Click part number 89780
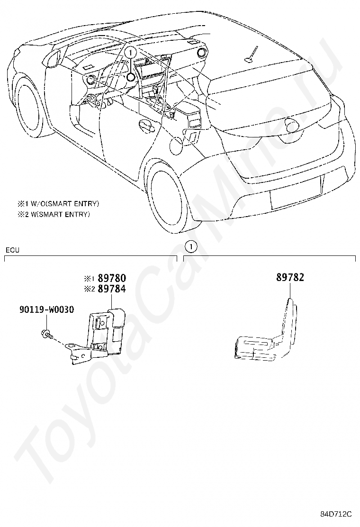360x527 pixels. point(112,278)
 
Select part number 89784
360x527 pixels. point(112,289)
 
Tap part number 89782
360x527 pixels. point(290,278)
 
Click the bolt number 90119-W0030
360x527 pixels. point(46,309)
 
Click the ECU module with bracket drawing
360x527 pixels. point(96,336)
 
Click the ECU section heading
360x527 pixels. point(12,250)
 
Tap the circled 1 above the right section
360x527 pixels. point(191,247)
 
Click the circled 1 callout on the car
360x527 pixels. point(131,53)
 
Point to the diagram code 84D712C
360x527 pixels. point(335,514)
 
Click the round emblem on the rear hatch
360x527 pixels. point(290,124)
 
